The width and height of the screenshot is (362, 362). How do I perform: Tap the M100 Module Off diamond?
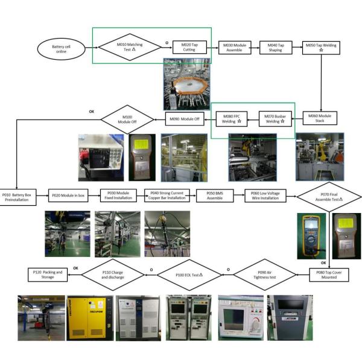click(x=127, y=118)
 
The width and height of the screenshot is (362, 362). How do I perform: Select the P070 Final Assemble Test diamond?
click(x=329, y=196)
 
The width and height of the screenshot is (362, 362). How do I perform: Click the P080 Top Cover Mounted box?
click(x=329, y=275)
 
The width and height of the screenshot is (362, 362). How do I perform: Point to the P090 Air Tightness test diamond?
click(x=262, y=275)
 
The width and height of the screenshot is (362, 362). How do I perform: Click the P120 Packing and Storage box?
click(x=48, y=275)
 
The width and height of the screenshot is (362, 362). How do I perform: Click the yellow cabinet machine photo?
click(x=89, y=316)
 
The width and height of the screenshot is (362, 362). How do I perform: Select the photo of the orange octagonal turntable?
click(x=186, y=85)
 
